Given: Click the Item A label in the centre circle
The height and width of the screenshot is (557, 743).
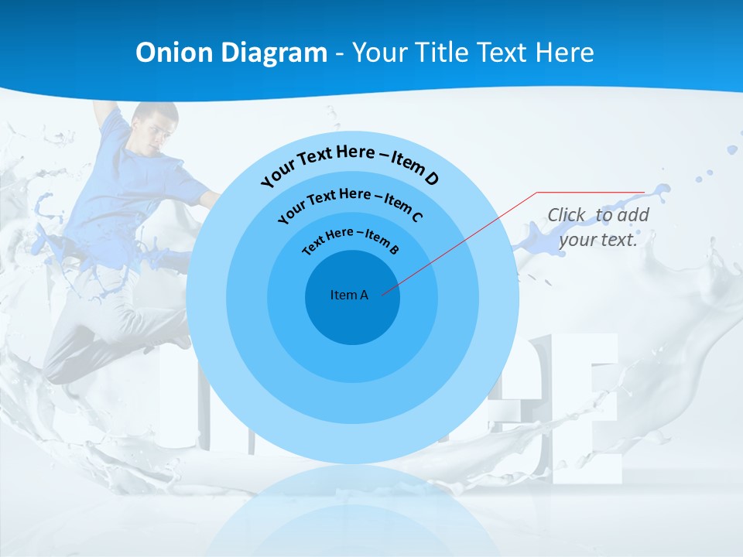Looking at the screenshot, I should pyautogui.click(x=349, y=295).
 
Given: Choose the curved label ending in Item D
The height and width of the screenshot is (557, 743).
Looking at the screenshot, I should pyautogui.click(x=350, y=164).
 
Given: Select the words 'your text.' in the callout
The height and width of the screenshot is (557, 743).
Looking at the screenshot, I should pyautogui.click(x=598, y=240).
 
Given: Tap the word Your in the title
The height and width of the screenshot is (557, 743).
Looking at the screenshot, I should pyautogui.click(x=382, y=53).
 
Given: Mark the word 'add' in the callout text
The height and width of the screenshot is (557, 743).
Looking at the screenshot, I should pyautogui.click(x=632, y=215).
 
